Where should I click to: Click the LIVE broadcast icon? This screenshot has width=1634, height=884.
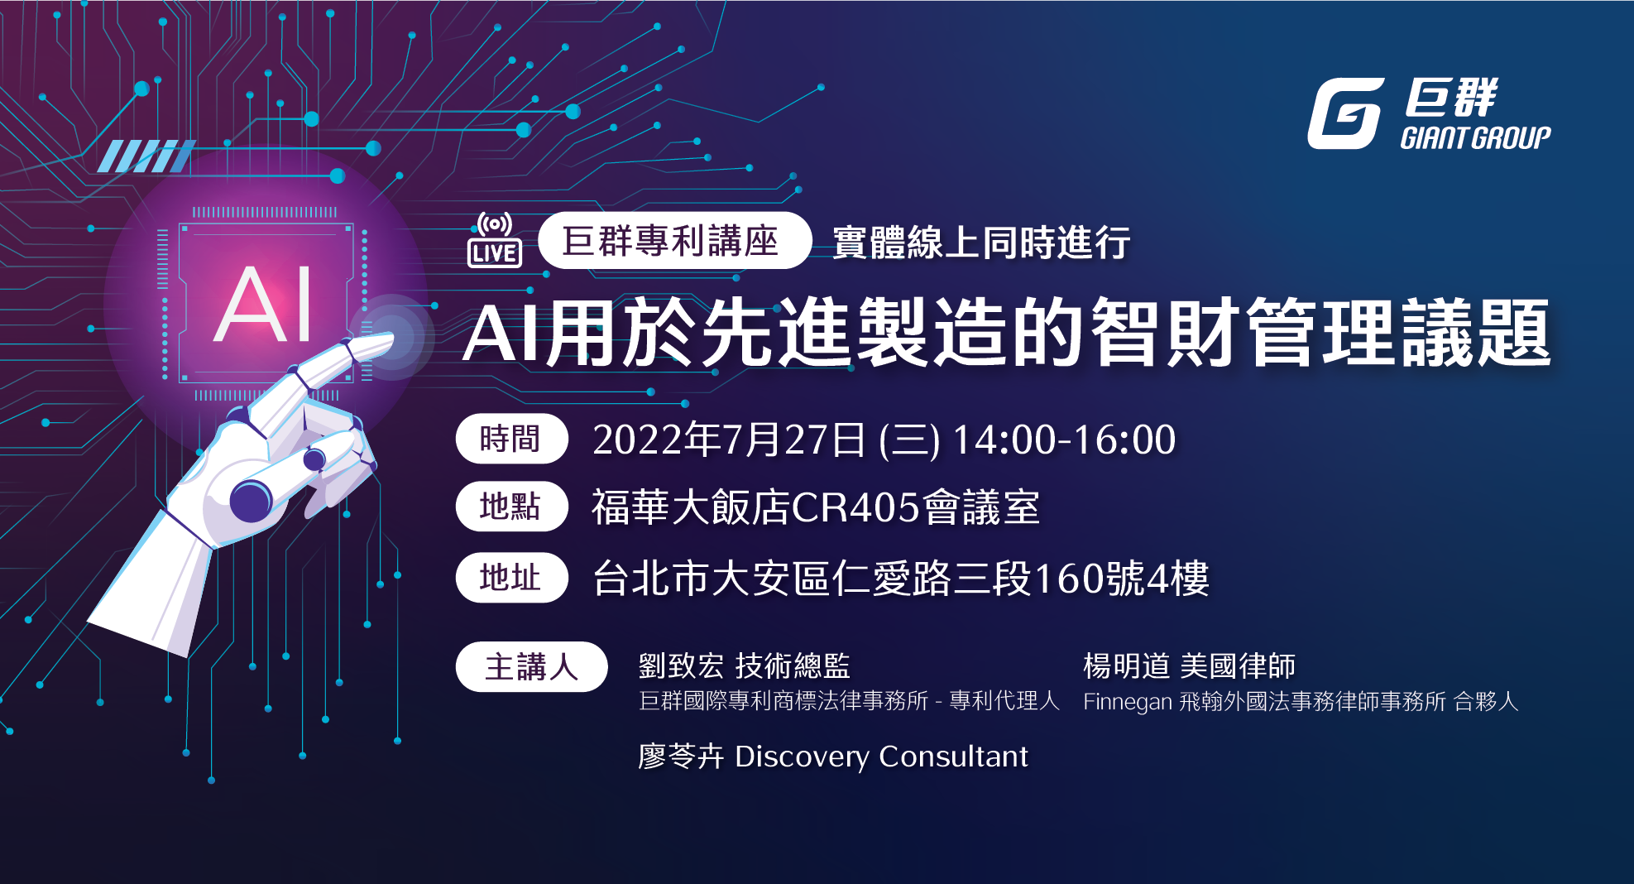[x=495, y=240]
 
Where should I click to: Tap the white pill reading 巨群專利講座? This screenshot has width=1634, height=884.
[x=673, y=241]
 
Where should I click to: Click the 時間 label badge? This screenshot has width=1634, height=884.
[x=511, y=439]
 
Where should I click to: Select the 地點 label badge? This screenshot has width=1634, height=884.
[x=511, y=507]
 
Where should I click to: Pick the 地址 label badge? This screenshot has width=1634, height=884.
[x=511, y=578]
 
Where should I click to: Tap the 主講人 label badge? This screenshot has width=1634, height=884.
[x=531, y=666]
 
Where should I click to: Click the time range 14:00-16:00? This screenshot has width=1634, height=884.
[x=1064, y=440]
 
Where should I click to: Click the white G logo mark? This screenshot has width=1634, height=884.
[x=1345, y=113]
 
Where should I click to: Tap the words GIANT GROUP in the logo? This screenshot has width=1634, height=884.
[x=1475, y=137]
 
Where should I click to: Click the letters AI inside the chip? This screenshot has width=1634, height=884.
[x=264, y=305]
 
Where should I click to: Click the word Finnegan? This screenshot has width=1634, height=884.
[x=1127, y=702]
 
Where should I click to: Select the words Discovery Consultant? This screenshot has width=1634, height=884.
[x=881, y=757]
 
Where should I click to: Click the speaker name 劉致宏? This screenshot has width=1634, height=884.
[x=681, y=666]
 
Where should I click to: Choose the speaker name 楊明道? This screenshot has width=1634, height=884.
[x=1126, y=666]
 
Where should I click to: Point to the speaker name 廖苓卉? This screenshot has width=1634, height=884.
[x=681, y=757]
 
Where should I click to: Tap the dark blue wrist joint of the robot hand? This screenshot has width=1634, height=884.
[x=251, y=500]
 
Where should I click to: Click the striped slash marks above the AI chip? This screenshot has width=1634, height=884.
[x=146, y=156]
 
